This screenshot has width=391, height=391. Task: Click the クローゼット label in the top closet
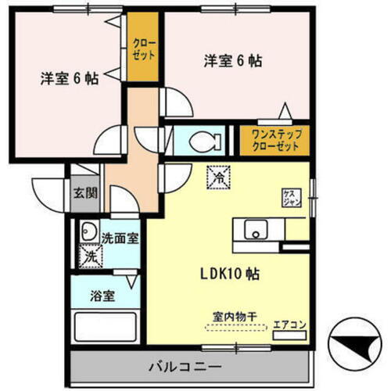(142, 49)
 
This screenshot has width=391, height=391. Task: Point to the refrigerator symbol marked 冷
(219, 178)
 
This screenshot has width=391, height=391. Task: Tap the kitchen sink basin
(256, 231)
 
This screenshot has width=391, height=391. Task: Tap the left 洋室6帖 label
(70, 78)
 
